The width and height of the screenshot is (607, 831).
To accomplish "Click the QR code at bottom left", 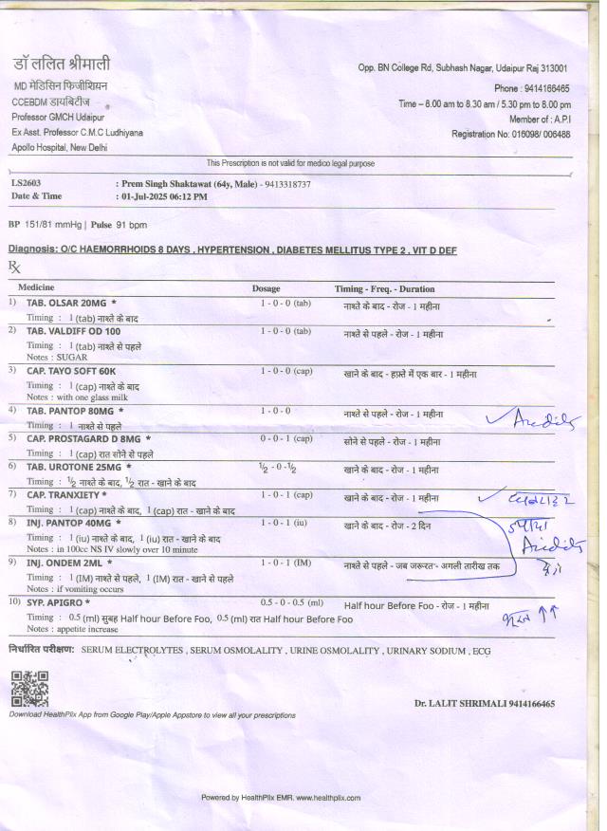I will tap(28, 689).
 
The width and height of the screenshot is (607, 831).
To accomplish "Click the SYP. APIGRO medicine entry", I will tap(59, 602).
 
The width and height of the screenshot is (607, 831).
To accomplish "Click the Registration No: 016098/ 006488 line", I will tap(511, 135).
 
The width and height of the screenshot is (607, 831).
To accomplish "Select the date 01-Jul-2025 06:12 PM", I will tap(164, 196).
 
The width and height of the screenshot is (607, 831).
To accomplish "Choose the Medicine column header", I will tap(36, 287).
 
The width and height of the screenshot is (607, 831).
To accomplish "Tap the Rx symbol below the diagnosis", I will tap(13, 267).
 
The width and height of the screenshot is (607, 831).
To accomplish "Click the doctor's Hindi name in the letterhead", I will tap(62, 65).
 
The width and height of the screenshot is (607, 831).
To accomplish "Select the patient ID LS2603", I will tap(26, 183).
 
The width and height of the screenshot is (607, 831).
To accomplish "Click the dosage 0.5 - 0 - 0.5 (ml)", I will tap(291, 602).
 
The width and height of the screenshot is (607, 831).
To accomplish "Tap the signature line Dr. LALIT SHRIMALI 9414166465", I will tap(484, 704).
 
